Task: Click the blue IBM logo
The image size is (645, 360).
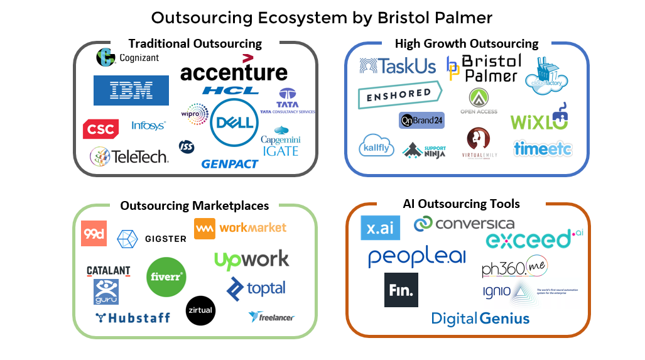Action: coord(131,90)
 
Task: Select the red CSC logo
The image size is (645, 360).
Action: coord(100,129)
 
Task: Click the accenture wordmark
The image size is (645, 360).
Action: coord(234,72)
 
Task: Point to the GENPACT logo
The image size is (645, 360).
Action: coord(230,164)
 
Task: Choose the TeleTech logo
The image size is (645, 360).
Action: coord(129,156)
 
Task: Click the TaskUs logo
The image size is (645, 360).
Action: coord(398,67)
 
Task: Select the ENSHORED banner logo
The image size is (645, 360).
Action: coord(399,95)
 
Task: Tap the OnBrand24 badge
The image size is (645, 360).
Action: coord(421,120)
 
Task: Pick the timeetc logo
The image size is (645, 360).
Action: coord(543,148)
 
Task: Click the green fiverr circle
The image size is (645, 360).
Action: coord(166,276)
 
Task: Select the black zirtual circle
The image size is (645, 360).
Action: coord(200,310)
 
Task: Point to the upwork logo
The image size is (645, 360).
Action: coord(251,259)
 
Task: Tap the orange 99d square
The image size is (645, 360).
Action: coord(94,234)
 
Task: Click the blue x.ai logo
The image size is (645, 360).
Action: coord(380,227)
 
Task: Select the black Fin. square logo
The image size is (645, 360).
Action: coord(401,290)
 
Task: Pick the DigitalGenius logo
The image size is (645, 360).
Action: coord(480,319)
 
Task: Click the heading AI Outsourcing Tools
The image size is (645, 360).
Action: coord(461,204)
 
